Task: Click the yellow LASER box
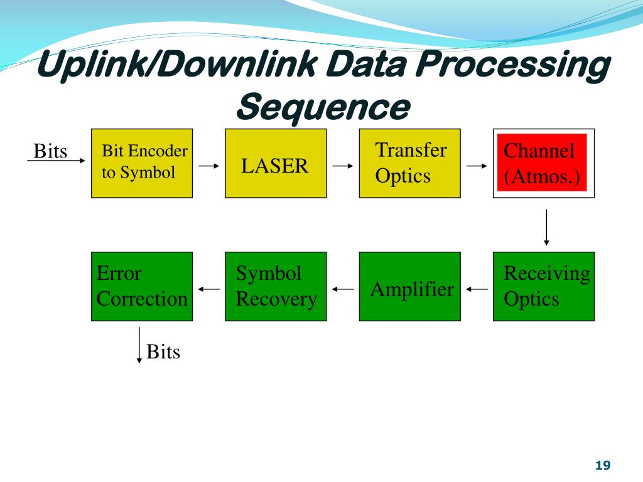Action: pyautogui.click(x=276, y=164)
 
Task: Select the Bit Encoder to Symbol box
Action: pyautogui.click(x=142, y=164)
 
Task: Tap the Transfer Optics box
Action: pyautogui.click(x=409, y=164)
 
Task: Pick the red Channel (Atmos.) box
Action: pyautogui.click(x=543, y=164)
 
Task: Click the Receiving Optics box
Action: pyautogui.click(x=543, y=286)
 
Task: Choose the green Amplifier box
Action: pyautogui.click(x=409, y=286)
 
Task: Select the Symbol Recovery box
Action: pyautogui.click(x=276, y=286)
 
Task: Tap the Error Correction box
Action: pyautogui.click(x=142, y=286)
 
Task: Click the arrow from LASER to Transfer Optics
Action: pyautogui.click(x=343, y=166)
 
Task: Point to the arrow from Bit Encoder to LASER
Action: pyautogui.click(x=209, y=166)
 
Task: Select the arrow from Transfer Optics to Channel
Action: pyautogui.click(x=477, y=166)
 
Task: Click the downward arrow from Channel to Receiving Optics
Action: pyautogui.click(x=546, y=227)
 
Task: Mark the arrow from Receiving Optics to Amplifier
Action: pyautogui.click(x=477, y=289)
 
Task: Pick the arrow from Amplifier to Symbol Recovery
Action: pyautogui.click(x=343, y=289)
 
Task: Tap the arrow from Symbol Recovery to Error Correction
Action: pyautogui.click(x=209, y=289)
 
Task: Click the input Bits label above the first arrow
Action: pyautogui.click(x=50, y=151)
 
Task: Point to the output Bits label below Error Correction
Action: pyautogui.click(x=163, y=351)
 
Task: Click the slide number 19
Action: pyautogui.click(x=603, y=465)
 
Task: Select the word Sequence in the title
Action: pyautogui.click(x=323, y=107)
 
